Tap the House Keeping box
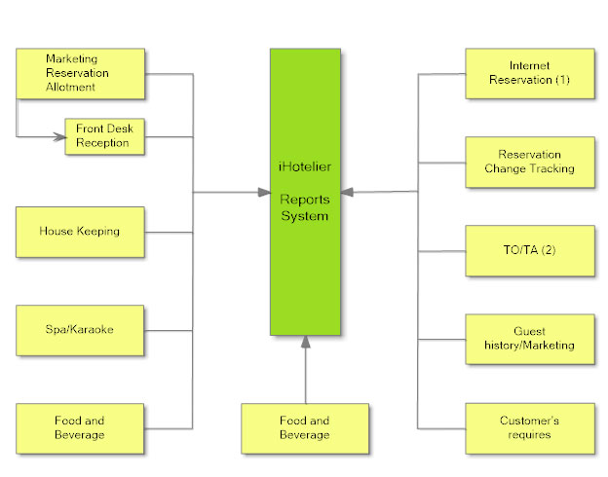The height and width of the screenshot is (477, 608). tap(80, 232)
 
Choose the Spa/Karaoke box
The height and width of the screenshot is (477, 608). tap(80, 329)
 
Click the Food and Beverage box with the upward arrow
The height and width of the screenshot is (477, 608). tap(305, 427)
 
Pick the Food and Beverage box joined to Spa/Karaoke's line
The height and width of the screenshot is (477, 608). tap(80, 427)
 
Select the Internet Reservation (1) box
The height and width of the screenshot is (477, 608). tap(529, 73)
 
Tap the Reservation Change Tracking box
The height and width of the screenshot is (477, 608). tap(529, 162)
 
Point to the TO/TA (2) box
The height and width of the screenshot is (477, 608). tap(529, 250)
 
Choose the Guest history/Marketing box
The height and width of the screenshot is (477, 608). tap(529, 339)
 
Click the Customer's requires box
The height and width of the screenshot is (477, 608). tap(529, 427)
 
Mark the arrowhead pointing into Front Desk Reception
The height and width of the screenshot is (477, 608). tap(57, 136)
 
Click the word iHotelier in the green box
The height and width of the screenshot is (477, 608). tap(305, 166)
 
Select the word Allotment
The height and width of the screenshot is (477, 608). tap(71, 88)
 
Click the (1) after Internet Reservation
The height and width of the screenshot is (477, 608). tap(562, 80)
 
